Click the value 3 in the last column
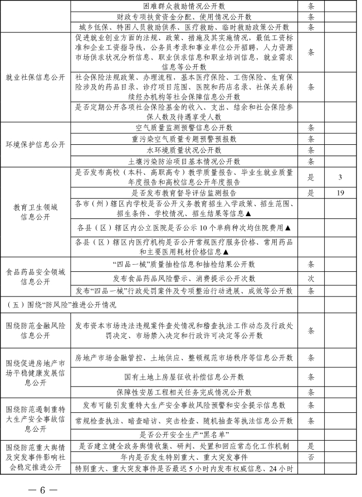pyautogui.click(x=339, y=178)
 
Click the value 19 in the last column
pyautogui.click(x=339, y=193)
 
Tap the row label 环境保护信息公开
pyautogui.click(x=36, y=144)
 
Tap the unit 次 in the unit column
pyautogui.click(x=311, y=277)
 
